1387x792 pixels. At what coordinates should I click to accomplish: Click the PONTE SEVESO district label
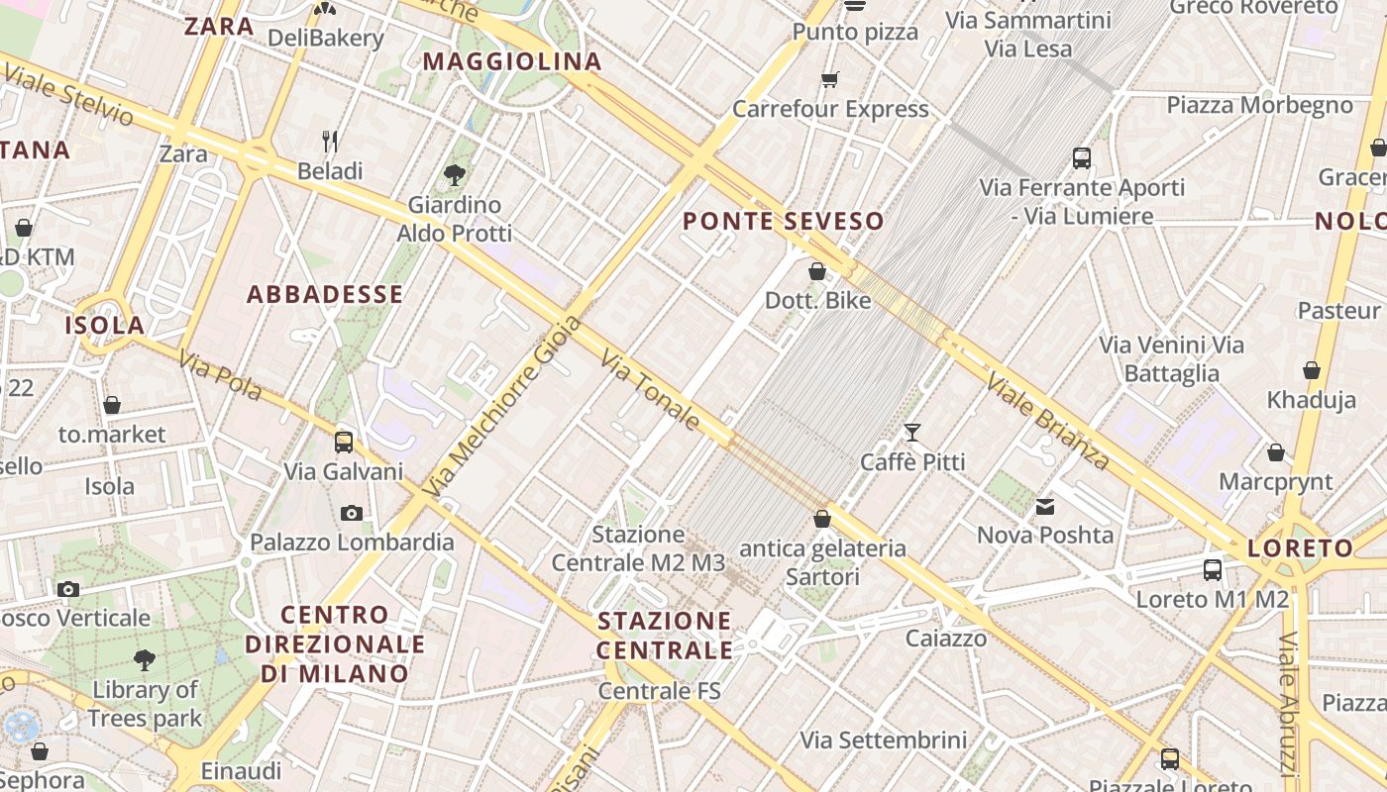click(783, 222)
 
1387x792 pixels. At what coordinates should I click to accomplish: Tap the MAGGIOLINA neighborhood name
click(512, 61)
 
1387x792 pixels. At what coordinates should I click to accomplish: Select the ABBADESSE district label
click(325, 294)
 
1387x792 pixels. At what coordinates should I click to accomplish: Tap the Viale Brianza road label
click(1048, 422)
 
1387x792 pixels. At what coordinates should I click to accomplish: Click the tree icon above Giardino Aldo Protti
click(455, 176)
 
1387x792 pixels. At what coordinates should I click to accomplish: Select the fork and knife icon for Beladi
click(331, 142)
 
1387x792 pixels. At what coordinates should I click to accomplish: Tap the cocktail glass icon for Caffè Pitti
click(912, 433)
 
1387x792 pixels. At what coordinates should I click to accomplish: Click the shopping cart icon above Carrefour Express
click(830, 79)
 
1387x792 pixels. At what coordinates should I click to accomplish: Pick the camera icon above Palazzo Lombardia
click(352, 513)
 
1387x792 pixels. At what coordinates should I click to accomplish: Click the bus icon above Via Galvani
click(344, 443)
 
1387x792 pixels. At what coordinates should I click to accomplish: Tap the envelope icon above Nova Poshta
click(1045, 507)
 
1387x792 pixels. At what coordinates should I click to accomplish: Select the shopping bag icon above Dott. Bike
click(818, 271)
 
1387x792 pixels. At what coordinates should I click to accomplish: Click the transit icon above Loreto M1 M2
click(1213, 570)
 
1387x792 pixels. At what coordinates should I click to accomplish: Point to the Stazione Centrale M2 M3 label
click(638, 548)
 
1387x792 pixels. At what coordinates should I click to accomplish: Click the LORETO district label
click(1300, 548)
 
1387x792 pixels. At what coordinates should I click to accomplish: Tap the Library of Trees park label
click(145, 704)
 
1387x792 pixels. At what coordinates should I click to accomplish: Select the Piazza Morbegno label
click(1258, 105)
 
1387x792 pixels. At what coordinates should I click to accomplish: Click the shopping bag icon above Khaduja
click(1312, 371)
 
